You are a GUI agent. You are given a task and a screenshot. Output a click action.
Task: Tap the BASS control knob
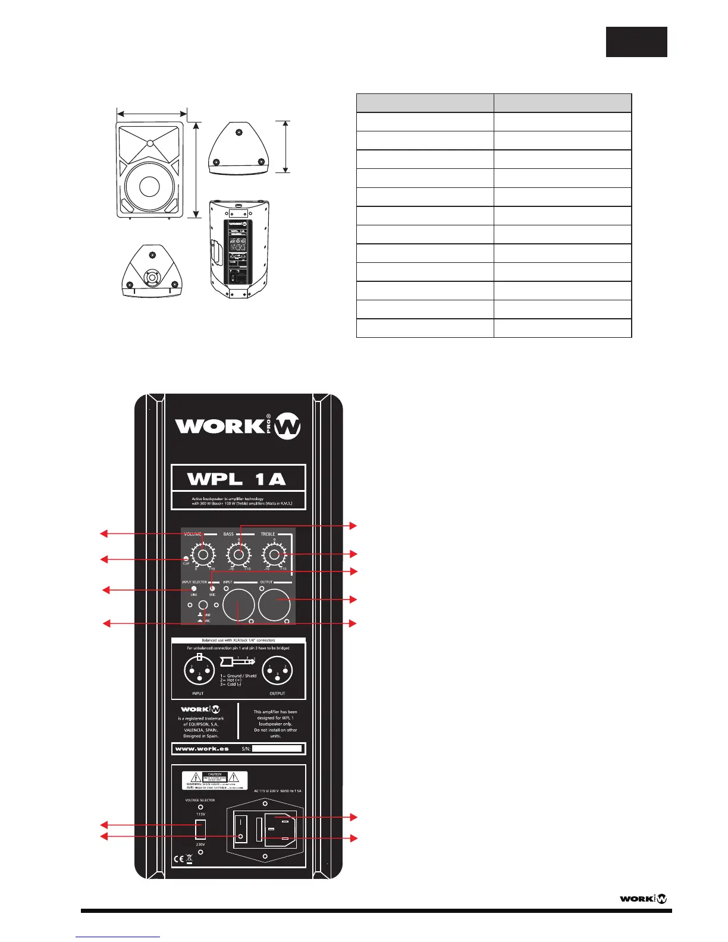239,555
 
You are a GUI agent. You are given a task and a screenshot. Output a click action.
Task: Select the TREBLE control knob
274,555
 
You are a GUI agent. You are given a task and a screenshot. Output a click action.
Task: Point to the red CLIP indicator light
186,558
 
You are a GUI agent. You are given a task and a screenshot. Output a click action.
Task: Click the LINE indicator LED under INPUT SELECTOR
194,589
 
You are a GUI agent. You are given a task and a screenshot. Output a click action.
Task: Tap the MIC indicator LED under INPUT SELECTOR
212,589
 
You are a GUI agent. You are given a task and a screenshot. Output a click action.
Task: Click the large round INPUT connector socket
239,605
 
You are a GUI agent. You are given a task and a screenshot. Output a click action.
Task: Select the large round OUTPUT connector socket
275,605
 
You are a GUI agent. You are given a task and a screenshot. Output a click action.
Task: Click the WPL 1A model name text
237,479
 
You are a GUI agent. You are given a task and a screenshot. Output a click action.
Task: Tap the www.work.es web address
202,749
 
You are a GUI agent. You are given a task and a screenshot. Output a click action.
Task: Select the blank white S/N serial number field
277,749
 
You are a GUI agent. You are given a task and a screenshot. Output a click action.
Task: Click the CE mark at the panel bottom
178,859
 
